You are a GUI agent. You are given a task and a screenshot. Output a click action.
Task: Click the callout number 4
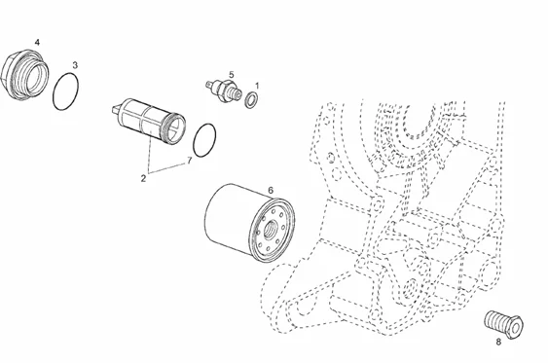pos(37,43)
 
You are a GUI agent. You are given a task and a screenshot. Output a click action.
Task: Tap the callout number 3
pos(75,65)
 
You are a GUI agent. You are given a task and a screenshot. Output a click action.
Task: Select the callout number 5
pos(232,75)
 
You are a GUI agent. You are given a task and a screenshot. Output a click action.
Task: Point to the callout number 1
pos(257,86)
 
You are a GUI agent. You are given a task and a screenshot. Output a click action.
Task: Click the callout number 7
pos(190,161)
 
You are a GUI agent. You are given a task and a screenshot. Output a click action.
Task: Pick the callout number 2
pos(143,178)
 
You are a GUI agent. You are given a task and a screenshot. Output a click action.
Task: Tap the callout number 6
pos(271,191)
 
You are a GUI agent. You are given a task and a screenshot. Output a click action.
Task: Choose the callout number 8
pos(498,342)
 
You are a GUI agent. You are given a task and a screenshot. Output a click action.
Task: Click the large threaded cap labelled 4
pos(24,74)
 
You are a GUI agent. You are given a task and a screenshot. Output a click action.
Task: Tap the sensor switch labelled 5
pos(223,91)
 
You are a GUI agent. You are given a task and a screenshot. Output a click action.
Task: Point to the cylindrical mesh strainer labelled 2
pos(150,121)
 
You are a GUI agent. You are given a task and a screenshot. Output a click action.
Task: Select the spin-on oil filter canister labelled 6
pos(249,223)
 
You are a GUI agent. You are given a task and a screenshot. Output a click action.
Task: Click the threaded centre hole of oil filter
pos(272,229)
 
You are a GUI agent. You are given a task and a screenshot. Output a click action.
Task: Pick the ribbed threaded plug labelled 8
pos(504,324)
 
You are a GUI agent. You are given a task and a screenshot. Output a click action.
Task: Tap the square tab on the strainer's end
pos(116,109)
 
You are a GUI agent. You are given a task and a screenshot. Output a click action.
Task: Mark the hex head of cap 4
pos(9,74)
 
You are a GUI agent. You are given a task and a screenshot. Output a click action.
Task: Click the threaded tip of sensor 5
pos(236,92)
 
